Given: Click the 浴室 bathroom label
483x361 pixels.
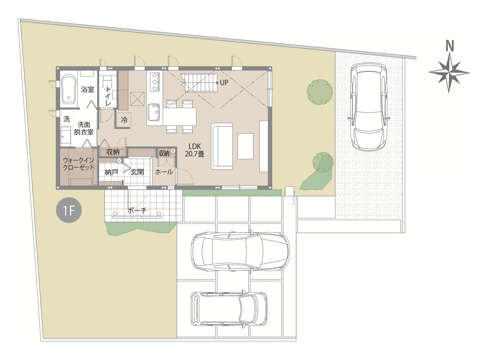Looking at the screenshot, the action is click(x=87, y=90).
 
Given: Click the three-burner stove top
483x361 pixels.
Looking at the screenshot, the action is click(x=155, y=82).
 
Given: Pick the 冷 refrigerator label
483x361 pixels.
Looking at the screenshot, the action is click(x=124, y=120).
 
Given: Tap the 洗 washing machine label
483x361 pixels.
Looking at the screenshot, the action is click(x=67, y=119).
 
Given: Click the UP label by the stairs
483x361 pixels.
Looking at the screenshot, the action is click(x=224, y=82).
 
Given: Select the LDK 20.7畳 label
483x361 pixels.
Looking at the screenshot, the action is click(x=195, y=150).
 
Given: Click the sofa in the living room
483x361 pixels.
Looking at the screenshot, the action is click(x=222, y=146).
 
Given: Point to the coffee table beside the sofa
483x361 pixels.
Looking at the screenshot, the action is click(x=245, y=146).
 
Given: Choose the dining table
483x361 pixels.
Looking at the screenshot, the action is click(x=180, y=116).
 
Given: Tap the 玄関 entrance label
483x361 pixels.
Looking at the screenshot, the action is click(x=137, y=172).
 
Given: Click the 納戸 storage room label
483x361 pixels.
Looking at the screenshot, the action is click(x=111, y=172).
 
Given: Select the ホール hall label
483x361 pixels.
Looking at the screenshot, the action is click(x=164, y=172).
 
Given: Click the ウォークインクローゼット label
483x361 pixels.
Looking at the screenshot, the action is click(x=78, y=164).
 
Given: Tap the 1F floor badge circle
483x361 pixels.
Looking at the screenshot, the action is click(x=69, y=210).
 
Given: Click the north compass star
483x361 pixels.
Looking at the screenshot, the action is click(x=449, y=72).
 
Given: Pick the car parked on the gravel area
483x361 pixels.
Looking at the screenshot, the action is click(x=369, y=107).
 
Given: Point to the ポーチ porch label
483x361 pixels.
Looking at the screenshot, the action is click(x=137, y=210).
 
